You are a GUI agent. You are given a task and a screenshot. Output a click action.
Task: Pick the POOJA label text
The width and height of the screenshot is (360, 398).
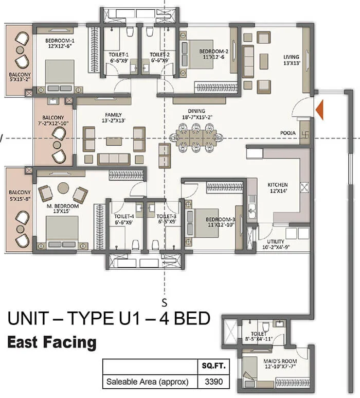[287, 133]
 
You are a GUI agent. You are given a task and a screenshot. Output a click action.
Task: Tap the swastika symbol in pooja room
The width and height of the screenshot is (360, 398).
[304, 132]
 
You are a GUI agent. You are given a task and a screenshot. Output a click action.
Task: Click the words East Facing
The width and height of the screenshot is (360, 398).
[51, 341]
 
